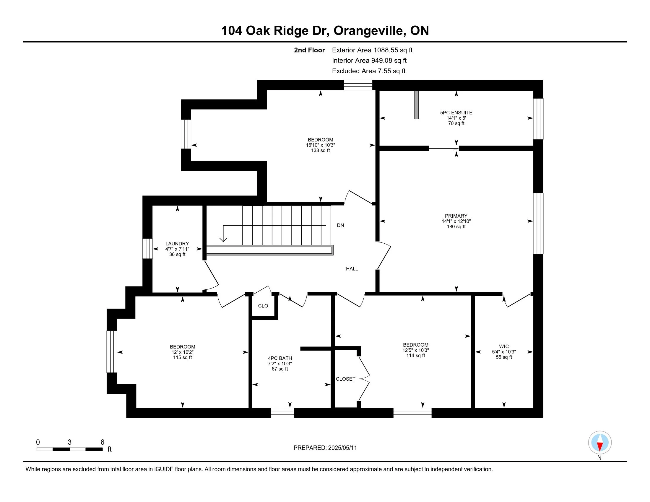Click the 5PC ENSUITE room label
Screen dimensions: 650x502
pyautogui.click(x=456, y=113)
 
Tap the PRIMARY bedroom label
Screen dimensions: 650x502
pyautogui.click(x=456, y=216)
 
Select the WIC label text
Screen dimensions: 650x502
pyautogui.click(x=504, y=346)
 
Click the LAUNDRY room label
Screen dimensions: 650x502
pyautogui.click(x=177, y=244)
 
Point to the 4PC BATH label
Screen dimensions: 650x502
pyautogui.click(x=280, y=358)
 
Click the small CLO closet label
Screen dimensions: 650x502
pyautogui.click(x=263, y=306)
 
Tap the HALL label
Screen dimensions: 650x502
pyautogui.click(x=352, y=269)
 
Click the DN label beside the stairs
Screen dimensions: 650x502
pyautogui.click(x=340, y=225)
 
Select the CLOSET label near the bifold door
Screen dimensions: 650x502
pyautogui.click(x=346, y=379)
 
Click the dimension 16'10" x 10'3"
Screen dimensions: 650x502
pyautogui.click(x=321, y=145)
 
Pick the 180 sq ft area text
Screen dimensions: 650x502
pyautogui.click(x=456, y=226)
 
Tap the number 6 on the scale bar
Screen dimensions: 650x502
pyautogui.click(x=103, y=442)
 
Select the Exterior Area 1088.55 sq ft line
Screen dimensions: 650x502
pyautogui.click(x=372, y=50)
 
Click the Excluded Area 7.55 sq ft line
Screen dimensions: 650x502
pyautogui.click(x=369, y=71)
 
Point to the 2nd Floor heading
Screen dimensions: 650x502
pyautogui.click(x=309, y=50)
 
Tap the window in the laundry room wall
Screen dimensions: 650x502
pyautogui.click(x=147, y=249)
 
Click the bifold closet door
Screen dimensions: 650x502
pyautogui.click(x=364, y=379)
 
